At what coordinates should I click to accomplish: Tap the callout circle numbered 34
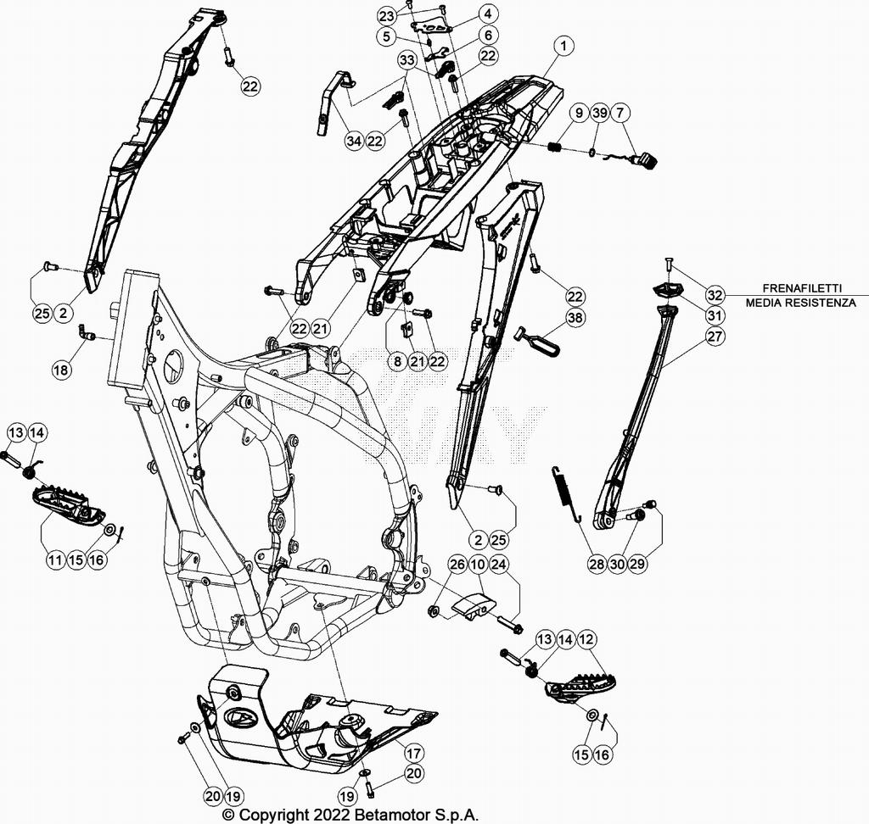pyautogui.click(x=355, y=141)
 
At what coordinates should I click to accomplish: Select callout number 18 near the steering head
pyautogui.click(x=60, y=370)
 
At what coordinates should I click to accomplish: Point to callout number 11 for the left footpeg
pyautogui.click(x=55, y=560)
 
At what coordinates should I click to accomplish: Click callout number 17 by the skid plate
pyautogui.click(x=413, y=753)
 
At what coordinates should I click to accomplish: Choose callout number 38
pyautogui.click(x=576, y=318)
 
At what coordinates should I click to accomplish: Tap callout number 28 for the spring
pyautogui.click(x=594, y=561)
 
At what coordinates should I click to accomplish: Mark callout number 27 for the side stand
pyautogui.click(x=715, y=337)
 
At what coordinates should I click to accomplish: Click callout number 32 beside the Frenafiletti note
pyautogui.click(x=715, y=295)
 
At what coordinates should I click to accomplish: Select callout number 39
pyautogui.click(x=599, y=114)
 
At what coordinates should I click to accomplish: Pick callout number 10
pyautogui.click(x=478, y=565)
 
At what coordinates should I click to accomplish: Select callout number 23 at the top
pyautogui.click(x=387, y=16)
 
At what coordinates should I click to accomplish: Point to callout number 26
pyautogui.click(x=457, y=565)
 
